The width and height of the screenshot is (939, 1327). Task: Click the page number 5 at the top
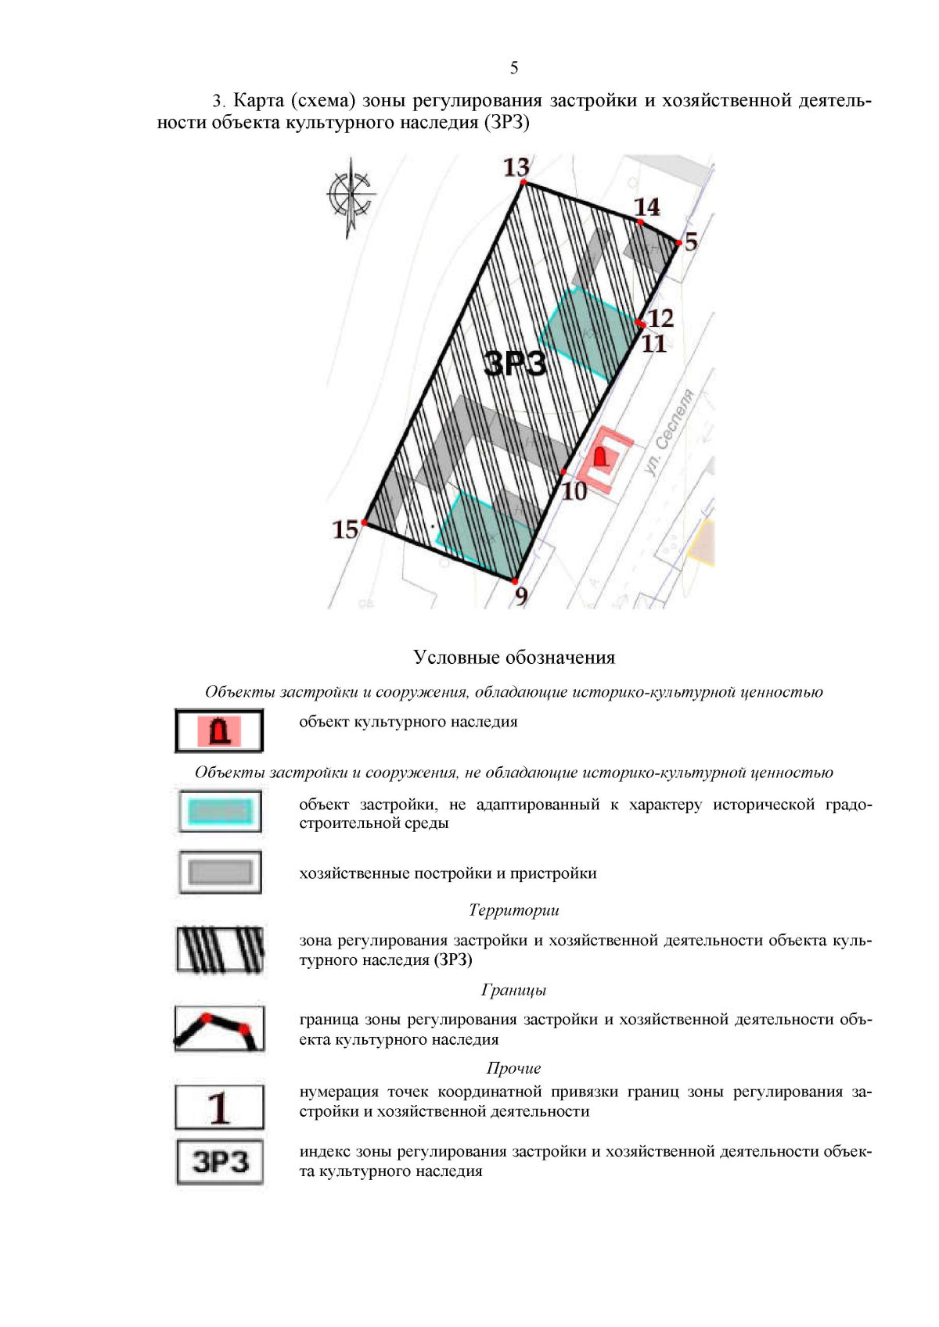(513, 68)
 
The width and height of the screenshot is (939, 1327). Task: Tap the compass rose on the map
(350, 195)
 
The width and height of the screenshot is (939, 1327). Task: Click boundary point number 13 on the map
(516, 167)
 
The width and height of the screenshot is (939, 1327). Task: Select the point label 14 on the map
(646, 207)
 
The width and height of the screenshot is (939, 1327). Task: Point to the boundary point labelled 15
(345, 529)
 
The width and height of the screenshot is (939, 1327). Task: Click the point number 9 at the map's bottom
(521, 596)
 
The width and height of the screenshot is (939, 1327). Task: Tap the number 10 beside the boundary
(574, 491)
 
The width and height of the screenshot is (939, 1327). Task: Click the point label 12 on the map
(660, 317)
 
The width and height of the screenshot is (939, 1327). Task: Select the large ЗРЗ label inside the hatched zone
(514, 364)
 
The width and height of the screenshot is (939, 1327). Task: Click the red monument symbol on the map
(601, 456)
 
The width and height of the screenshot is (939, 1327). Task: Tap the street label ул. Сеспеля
(670, 432)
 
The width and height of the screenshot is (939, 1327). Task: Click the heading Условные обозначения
(514, 658)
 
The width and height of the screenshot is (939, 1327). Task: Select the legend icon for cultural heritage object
(219, 730)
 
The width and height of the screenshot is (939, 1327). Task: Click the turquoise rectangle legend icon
(220, 811)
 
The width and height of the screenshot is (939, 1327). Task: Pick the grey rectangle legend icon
(220, 872)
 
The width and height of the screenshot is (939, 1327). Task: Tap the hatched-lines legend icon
(220, 949)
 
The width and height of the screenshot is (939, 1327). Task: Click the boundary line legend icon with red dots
(219, 1028)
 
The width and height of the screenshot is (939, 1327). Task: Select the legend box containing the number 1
(219, 1107)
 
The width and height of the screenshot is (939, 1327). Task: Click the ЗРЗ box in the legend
(220, 1162)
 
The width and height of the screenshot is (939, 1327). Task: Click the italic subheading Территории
(513, 910)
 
